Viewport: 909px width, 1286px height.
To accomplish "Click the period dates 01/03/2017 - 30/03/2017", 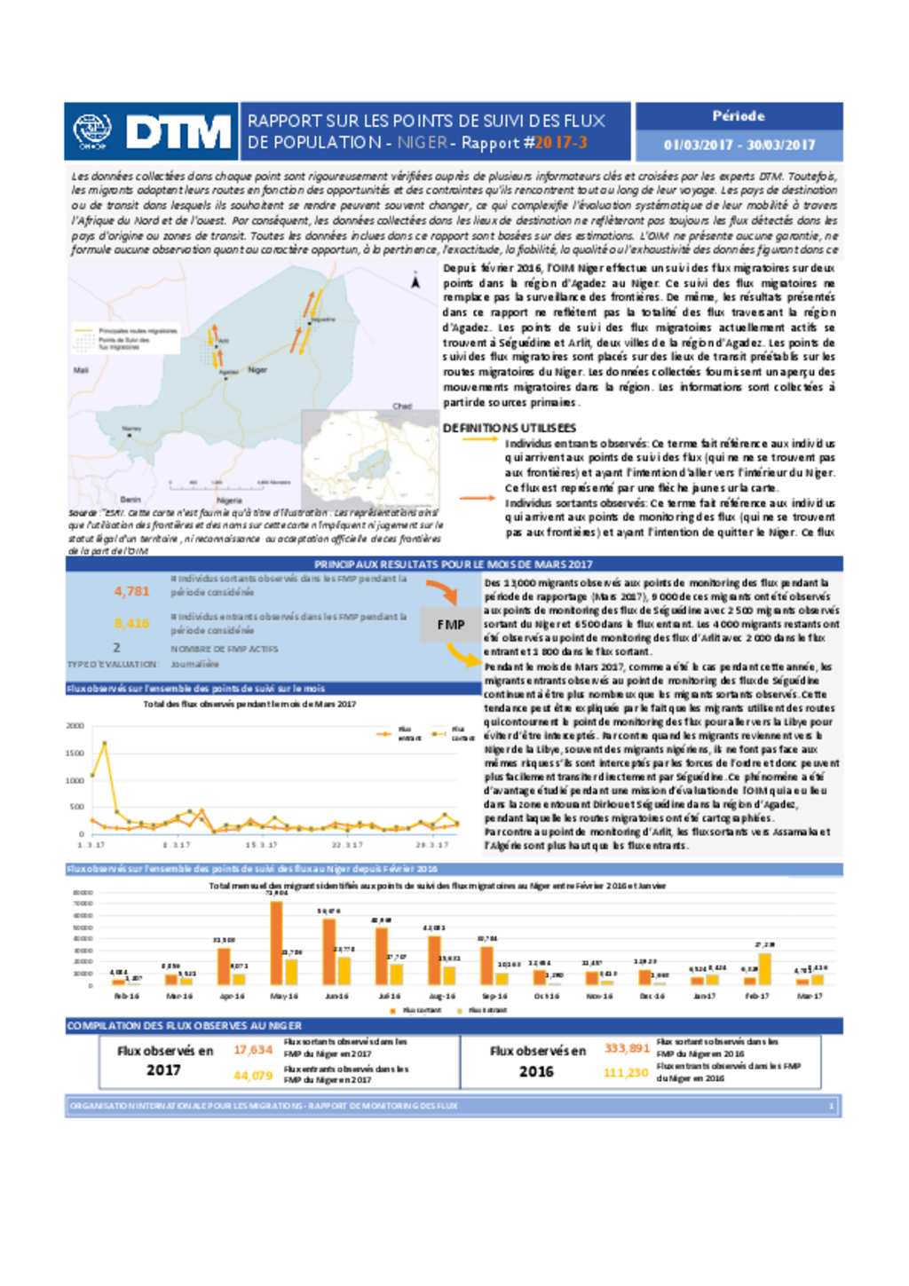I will click(x=739, y=145).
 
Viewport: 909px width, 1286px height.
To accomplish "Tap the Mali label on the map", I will click(x=81, y=370).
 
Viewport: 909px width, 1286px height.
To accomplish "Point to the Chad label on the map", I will click(x=402, y=406).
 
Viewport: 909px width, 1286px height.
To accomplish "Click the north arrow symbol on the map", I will click(x=415, y=281).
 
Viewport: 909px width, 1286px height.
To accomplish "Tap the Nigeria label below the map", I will click(x=229, y=501).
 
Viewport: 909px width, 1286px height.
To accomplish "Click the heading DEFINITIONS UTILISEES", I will click(x=509, y=428).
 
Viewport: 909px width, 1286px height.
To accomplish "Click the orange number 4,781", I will click(x=131, y=591).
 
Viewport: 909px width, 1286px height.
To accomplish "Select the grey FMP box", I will click(x=451, y=625).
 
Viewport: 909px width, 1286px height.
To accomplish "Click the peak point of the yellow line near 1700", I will click(x=105, y=743).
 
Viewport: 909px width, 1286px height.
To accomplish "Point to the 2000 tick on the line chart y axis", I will click(x=75, y=726).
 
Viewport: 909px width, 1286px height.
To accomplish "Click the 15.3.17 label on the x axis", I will click(x=261, y=845).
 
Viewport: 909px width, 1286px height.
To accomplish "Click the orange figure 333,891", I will click(x=627, y=1048).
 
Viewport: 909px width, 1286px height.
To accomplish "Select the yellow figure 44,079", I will click(x=253, y=1075).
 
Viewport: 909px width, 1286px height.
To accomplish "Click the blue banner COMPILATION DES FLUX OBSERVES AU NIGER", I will click(x=185, y=1025).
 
